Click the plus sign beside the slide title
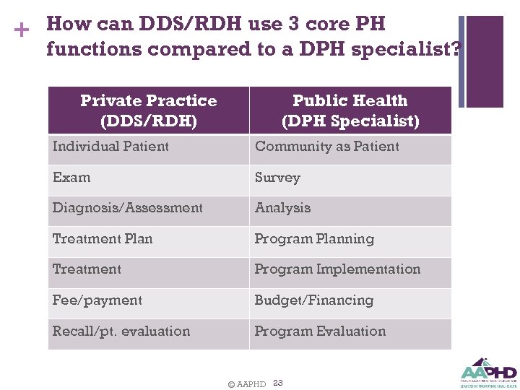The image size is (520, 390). click(22, 30)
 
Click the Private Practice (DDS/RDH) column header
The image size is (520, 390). click(149, 110)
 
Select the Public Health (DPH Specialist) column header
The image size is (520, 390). click(350, 110)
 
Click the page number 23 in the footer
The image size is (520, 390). click(278, 383)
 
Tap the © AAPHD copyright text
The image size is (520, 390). click(246, 384)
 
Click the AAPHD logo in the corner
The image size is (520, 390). click(488, 373)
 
